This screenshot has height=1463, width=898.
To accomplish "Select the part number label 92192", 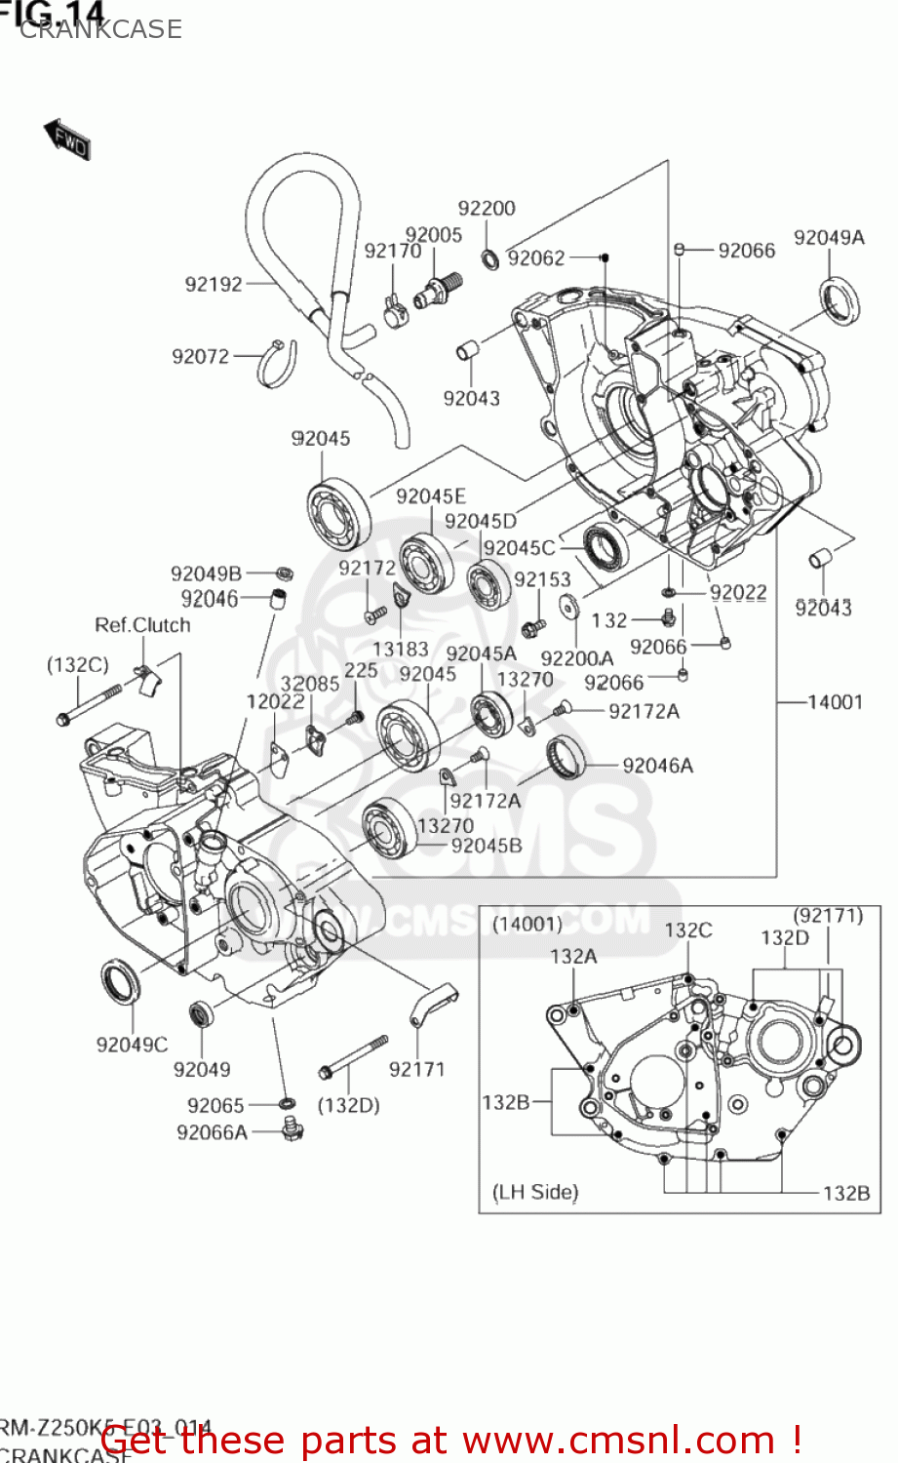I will (x=214, y=284).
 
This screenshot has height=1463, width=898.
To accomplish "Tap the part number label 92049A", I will (x=829, y=237).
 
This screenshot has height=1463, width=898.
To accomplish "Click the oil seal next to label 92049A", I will (x=839, y=300).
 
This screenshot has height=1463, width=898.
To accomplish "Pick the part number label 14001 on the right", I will (x=835, y=701).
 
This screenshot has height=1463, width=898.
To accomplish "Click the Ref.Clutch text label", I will (x=142, y=624).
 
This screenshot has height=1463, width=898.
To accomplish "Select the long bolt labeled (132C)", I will (x=89, y=704).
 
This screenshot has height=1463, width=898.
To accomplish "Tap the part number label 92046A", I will (x=657, y=766).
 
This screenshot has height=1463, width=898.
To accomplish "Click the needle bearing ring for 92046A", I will (x=566, y=757).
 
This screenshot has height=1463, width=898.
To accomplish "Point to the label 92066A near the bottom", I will (x=212, y=1132).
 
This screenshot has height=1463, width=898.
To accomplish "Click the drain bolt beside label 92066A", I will (x=292, y=1129).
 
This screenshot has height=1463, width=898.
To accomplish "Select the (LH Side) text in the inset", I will (x=535, y=1192).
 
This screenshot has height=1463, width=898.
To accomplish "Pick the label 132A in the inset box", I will (x=573, y=956).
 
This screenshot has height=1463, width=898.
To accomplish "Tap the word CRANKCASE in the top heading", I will (x=100, y=29).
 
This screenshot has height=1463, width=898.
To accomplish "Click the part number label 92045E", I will (x=431, y=496).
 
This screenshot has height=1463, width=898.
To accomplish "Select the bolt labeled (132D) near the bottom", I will (x=353, y=1056).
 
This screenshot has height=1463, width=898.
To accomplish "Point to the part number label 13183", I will (x=400, y=649).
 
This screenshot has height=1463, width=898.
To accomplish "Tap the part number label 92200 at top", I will (x=487, y=208).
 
